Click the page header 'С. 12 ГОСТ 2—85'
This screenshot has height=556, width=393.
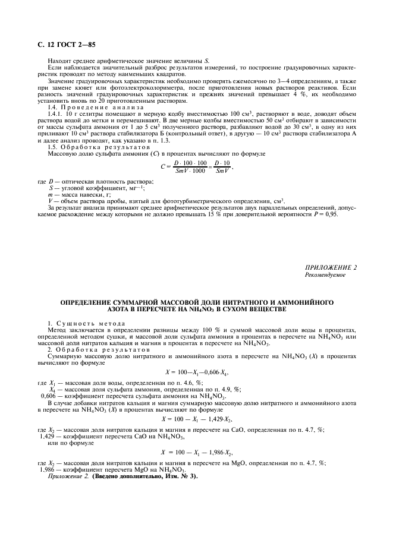click(x=54, y=39)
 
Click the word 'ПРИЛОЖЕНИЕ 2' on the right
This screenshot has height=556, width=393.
click(x=331, y=267)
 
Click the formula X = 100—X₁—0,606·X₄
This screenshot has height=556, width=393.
click(x=196, y=372)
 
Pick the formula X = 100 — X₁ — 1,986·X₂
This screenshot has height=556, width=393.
click(x=196, y=451)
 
